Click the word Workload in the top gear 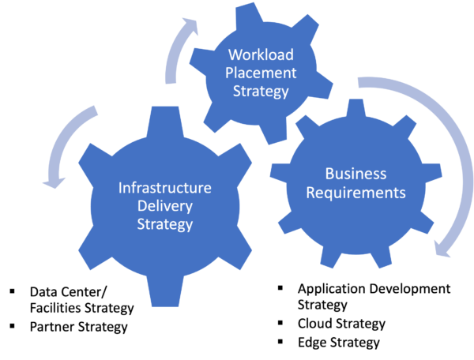tap(261, 54)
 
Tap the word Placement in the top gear tap(261, 73)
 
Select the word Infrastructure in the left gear tap(165, 188)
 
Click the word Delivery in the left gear tap(165, 207)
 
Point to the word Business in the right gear tap(355, 174)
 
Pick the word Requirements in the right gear tap(355, 193)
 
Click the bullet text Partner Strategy tap(78, 327)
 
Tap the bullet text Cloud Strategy tap(341, 324)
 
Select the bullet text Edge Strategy tap(339, 343)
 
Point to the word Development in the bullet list tap(409, 289)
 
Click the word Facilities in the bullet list tap(55, 308)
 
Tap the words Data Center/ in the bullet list tap(68, 292)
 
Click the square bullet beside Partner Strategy tap(13, 326)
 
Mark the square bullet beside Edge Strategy tap(280, 342)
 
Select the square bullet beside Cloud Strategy tap(280, 323)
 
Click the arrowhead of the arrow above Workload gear tap(190, 26)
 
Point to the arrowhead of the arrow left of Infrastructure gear tap(54, 182)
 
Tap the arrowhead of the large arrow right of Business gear tap(442, 249)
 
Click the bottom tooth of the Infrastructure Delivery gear tap(165, 291)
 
